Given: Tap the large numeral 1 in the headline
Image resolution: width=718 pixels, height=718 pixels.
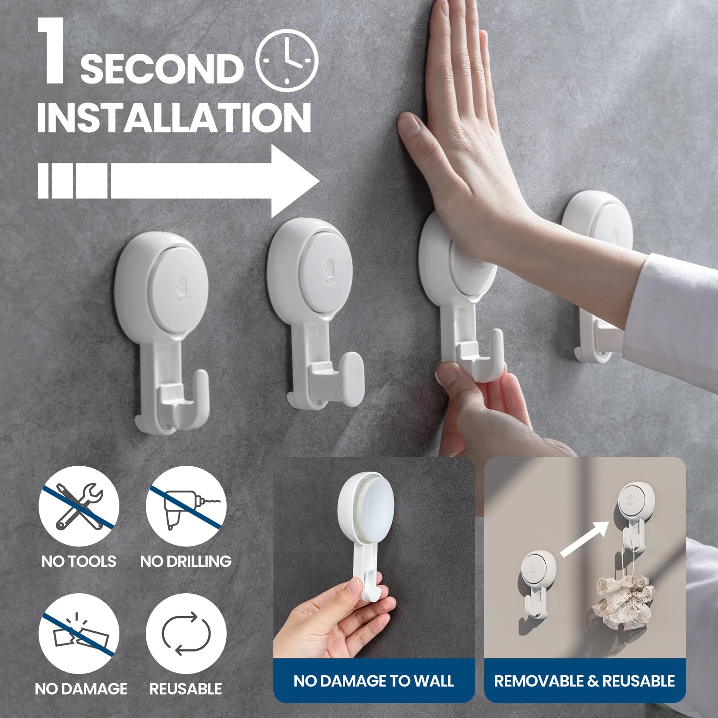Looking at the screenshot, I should (x=53, y=52).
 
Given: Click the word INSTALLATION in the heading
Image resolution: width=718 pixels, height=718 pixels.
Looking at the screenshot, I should (x=174, y=117).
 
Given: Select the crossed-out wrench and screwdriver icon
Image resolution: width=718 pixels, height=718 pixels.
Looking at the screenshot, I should (x=79, y=504).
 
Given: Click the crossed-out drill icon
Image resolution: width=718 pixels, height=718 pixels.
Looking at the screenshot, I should (x=186, y=504).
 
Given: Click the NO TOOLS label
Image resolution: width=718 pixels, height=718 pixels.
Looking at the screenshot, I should (x=79, y=561).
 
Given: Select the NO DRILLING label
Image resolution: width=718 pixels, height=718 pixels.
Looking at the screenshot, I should (x=186, y=561).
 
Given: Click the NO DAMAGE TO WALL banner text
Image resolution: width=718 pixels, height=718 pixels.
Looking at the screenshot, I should (x=374, y=681).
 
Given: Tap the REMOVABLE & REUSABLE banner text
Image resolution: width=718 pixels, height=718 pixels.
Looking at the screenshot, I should (x=584, y=681).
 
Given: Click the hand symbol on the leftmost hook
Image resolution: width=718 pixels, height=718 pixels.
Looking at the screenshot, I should (x=181, y=283).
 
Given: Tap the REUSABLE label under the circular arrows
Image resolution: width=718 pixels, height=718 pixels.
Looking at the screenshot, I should (x=186, y=689).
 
